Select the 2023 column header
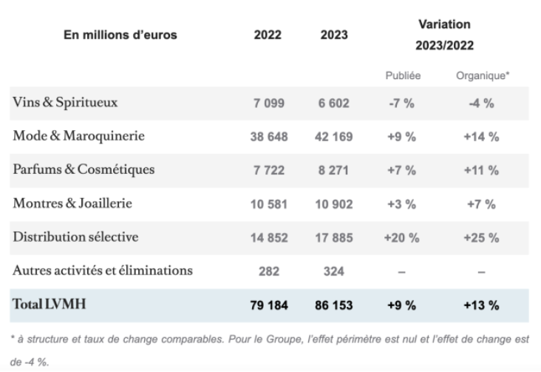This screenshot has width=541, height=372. tap(335, 35)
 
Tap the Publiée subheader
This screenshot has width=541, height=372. tap(402, 75)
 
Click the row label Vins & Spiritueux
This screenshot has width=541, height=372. tap(64, 103)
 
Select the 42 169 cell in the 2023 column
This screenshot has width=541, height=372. tap(334, 137)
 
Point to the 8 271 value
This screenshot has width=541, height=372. tap(335, 170)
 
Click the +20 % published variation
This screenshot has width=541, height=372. tap(402, 237)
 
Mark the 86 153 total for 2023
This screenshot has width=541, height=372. tap(334, 305)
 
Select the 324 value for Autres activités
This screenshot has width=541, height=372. tap(335, 271)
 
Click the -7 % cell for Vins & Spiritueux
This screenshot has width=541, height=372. tap(402, 104)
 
